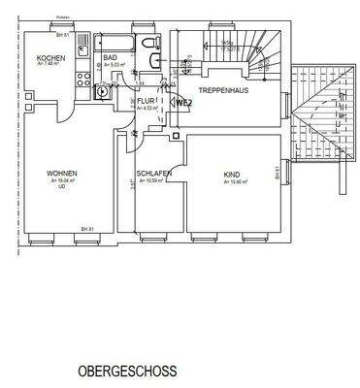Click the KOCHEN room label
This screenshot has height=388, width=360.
pos(50,59)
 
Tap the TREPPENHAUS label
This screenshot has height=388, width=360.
pos(220,89)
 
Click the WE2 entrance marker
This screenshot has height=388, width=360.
pos(183,101)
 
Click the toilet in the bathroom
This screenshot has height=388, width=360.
pos(150,44)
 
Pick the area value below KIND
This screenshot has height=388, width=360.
pos(233,181)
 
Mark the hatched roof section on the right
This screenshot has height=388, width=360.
pos(317,112)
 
